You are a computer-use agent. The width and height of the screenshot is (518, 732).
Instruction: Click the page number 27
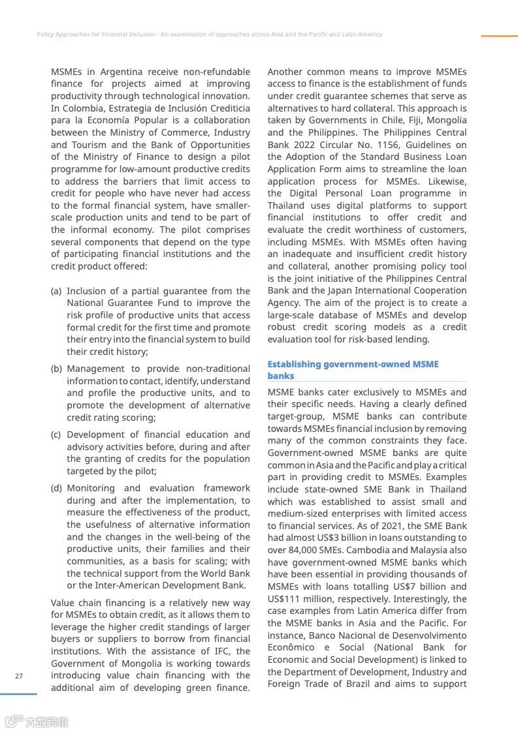click(18, 676)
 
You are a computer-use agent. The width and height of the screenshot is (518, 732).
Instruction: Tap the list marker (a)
click(56, 291)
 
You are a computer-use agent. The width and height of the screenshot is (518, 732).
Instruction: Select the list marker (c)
click(56, 435)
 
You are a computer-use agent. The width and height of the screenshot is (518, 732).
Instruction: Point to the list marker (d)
click(56, 488)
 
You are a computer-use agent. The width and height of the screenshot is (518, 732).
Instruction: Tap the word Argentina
click(123, 72)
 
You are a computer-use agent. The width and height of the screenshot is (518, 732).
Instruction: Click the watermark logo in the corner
click(37, 722)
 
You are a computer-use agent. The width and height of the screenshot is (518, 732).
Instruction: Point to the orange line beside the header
click(499, 36)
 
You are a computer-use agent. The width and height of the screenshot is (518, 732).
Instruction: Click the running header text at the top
click(209, 34)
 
